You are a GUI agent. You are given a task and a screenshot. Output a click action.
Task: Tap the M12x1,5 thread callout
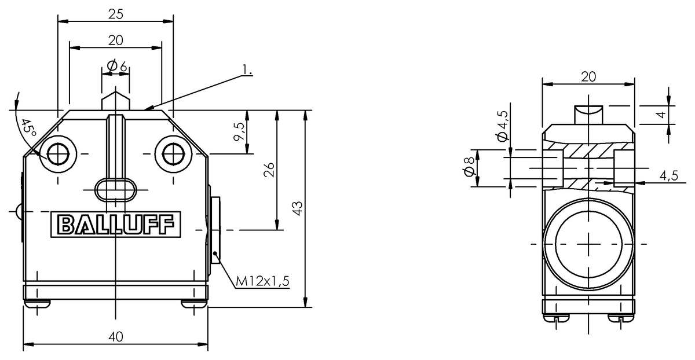(262, 281)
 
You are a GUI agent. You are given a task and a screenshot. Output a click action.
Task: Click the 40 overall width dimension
(115, 337)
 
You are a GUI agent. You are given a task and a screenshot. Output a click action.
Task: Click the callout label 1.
(247, 71)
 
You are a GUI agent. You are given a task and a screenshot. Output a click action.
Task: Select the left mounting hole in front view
(58, 154)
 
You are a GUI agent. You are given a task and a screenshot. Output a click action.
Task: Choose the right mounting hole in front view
(172, 154)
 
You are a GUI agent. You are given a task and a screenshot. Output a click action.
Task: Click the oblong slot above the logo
(116, 188)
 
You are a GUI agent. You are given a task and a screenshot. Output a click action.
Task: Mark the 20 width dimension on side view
(589, 76)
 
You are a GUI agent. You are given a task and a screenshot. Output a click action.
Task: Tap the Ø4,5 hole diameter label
(502, 126)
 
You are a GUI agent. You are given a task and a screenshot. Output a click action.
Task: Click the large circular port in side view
(589, 243)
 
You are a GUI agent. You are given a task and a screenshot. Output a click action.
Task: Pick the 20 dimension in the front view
(115, 40)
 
